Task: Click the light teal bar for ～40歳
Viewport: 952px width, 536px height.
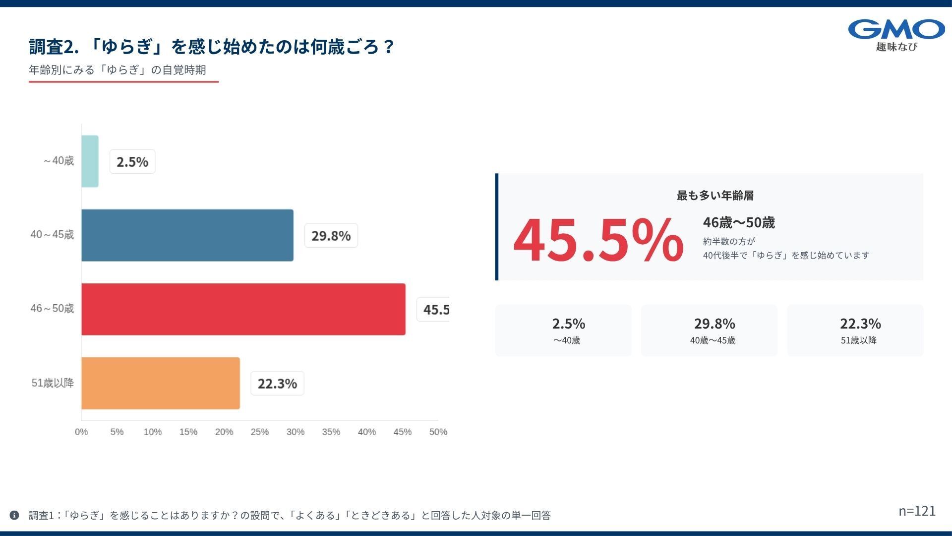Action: click(x=90, y=161)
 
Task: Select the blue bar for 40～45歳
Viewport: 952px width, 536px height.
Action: click(x=187, y=235)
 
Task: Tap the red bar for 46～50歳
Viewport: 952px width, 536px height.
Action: click(x=243, y=309)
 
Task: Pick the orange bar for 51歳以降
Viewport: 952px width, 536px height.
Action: click(x=161, y=383)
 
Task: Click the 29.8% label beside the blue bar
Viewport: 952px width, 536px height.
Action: click(x=331, y=236)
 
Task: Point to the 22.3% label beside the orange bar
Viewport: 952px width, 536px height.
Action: click(x=277, y=384)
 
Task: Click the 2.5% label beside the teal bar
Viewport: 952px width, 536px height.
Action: click(x=132, y=162)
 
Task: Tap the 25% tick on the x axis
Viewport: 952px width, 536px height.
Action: click(x=260, y=432)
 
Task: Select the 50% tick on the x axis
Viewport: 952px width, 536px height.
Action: click(x=438, y=432)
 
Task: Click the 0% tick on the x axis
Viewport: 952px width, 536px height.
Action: click(x=81, y=432)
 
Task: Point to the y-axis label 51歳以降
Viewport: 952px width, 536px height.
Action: click(x=53, y=383)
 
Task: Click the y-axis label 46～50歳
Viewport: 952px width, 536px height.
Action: click(x=52, y=309)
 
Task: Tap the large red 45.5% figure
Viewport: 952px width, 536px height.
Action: click(x=598, y=241)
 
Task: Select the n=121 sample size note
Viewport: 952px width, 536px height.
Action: click(x=917, y=511)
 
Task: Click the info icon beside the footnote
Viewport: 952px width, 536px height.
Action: click(x=14, y=515)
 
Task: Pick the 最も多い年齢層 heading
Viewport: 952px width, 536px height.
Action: click(x=715, y=196)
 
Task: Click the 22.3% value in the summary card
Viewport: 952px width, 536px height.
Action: click(x=860, y=324)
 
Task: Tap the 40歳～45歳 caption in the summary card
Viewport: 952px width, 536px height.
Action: click(x=713, y=340)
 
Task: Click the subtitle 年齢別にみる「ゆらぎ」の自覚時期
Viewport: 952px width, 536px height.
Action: click(x=117, y=70)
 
